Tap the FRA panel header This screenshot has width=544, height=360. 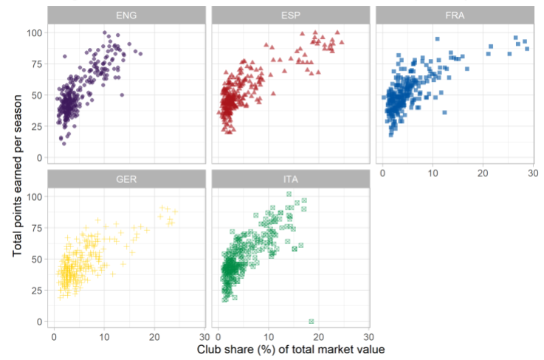pyautogui.click(x=454, y=14)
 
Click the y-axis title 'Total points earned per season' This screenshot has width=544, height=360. pyautogui.click(x=18, y=170)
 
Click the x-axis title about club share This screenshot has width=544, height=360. pyautogui.click(x=291, y=349)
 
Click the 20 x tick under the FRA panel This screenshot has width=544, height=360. pyautogui.click(x=483, y=173)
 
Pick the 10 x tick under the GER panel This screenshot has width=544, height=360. pyautogui.click(x=104, y=336)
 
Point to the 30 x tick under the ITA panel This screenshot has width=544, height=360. pyautogui.click(x=368, y=336)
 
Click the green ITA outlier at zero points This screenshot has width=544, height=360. pyautogui.click(x=311, y=321)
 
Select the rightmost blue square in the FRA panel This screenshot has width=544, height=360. pyautogui.click(x=527, y=48)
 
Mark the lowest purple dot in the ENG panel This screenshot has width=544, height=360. pyautogui.click(x=64, y=143)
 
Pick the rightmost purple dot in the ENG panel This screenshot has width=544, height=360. pyautogui.click(x=140, y=53)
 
